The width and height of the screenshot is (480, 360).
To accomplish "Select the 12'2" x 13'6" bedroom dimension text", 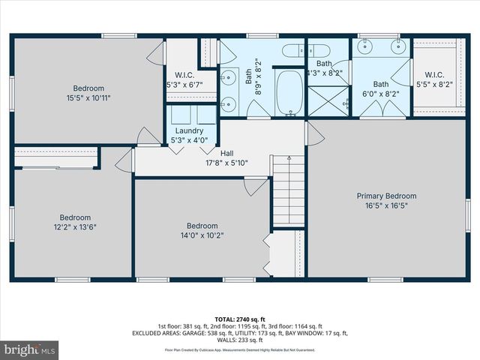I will click(75, 227).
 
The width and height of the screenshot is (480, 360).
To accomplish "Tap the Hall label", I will click(226, 153).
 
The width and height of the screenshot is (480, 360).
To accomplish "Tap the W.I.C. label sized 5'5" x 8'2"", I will click(434, 75).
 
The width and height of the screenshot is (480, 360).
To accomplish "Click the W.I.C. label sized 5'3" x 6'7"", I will click(184, 75).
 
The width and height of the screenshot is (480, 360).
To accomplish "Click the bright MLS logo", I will click(30, 349).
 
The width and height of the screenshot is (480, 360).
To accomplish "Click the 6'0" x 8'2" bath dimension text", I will click(382, 94).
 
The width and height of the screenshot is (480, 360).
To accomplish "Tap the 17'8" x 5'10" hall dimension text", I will click(226, 163).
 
